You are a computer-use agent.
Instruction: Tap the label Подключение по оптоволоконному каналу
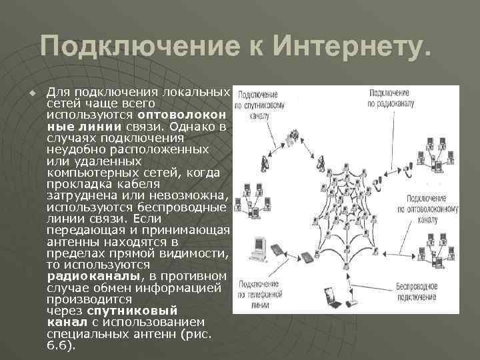(434, 208)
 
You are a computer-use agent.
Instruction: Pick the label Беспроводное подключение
(434, 290)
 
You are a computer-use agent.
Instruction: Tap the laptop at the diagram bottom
(331, 295)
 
